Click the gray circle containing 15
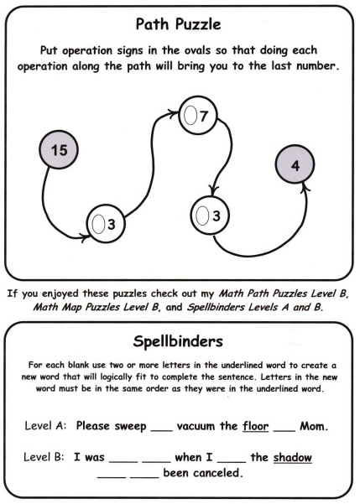(59, 150)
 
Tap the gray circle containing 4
(295, 164)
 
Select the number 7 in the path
(204, 116)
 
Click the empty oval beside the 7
(190, 115)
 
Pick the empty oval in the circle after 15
(98, 224)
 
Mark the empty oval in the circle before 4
(203, 216)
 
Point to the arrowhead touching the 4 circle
(305, 187)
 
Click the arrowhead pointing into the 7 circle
(173, 112)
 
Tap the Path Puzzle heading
(178, 24)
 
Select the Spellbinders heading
(178, 341)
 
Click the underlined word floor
(256, 426)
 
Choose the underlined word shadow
(293, 457)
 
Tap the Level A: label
(45, 426)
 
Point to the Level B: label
(44, 457)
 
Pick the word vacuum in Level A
(196, 427)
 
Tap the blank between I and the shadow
(232, 462)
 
